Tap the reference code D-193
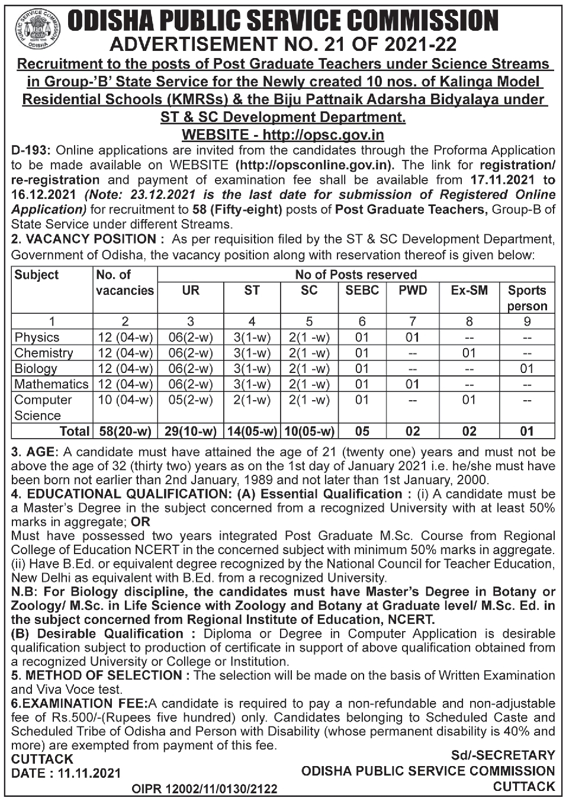pos(30,150)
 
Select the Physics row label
pos(37,337)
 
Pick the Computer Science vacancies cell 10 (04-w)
pos(125,400)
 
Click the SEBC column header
pos(362,291)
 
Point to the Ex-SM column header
pos(469,291)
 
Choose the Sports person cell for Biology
pos(526,369)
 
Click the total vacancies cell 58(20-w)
pos(125,431)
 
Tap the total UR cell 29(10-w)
pos(190,431)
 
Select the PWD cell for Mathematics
pos(412,384)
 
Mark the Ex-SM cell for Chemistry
pos(469,353)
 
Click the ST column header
pos(252,291)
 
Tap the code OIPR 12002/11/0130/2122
pos(204,789)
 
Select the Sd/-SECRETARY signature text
pos(503,755)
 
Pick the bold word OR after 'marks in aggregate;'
pos(141,522)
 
